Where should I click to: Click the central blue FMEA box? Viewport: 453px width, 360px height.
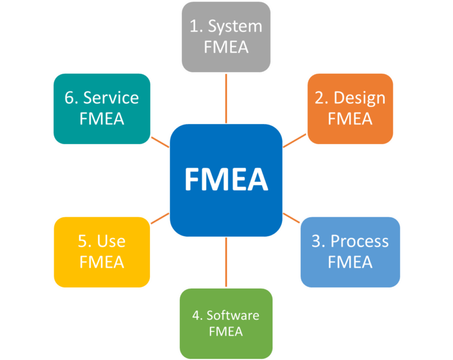(226, 180)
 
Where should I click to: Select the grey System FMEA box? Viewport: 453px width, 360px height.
(226, 37)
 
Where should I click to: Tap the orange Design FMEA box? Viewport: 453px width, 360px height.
(350, 108)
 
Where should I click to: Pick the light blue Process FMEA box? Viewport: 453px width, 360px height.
(350, 251)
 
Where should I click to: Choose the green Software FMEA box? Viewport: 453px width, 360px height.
(226, 323)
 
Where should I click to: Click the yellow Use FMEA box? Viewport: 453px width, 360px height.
(102, 251)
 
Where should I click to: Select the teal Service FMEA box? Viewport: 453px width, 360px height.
(102, 108)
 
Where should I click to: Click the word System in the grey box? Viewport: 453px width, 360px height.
(235, 27)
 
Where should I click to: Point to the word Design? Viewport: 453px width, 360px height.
(359, 98)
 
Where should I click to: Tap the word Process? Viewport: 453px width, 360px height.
(359, 241)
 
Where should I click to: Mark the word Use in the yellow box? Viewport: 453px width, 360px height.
(111, 241)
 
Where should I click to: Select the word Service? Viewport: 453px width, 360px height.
(111, 98)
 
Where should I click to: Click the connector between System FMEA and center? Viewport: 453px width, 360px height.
(226, 98)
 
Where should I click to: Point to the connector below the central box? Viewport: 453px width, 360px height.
(226, 263)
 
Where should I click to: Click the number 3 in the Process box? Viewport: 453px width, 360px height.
(317, 241)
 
